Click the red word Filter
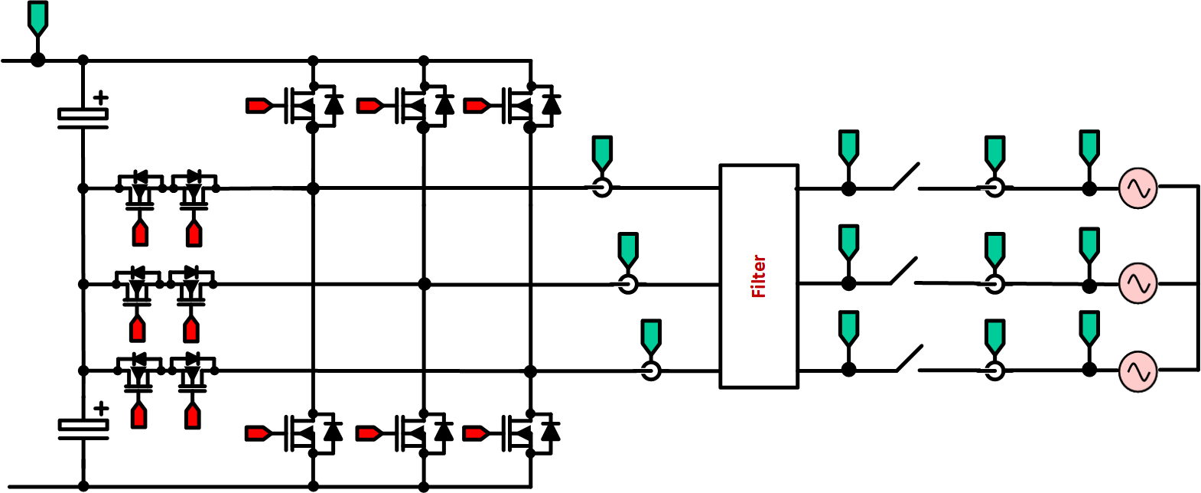tap(758, 276)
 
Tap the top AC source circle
tap(1138, 188)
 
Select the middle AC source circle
tap(1138, 283)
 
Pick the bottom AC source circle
tap(1138, 371)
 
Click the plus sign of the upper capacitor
tap(100, 97)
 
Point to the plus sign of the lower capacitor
tap(100, 408)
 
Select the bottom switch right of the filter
tap(907, 359)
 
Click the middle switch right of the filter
tap(903, 272)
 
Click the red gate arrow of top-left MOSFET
tap(258, 106)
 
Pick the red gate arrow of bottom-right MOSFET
tap(475, 433)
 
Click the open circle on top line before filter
tap(602, 188)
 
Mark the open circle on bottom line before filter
tap(650, 371)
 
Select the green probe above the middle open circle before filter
tap(627, 248)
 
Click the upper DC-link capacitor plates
tap(83, 117)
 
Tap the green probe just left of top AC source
tap(1089, 147)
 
